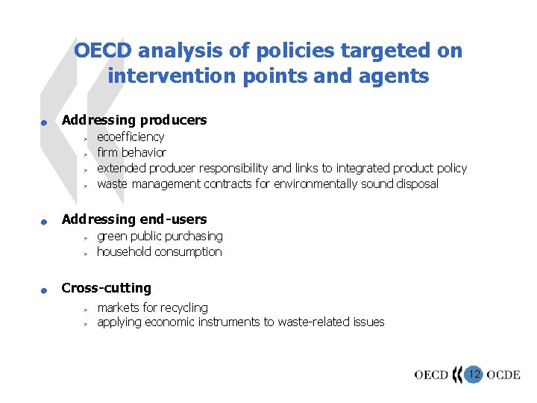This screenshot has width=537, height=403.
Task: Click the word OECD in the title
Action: [x=104, y=51]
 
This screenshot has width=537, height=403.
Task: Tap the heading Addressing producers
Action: [x=134, y=120]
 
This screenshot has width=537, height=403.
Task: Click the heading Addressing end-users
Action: [x=134, y=219]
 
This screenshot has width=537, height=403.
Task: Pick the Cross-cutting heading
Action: [x=106, y=288]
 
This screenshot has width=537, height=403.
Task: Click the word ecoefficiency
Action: [x=131, y=137]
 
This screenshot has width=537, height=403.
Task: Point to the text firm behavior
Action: [x=131, y=152]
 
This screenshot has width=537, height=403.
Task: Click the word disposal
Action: [x=418, y=184]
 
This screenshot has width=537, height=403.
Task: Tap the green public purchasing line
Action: [x=160, y=236]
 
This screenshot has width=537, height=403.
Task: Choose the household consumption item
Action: [x=159, y=252]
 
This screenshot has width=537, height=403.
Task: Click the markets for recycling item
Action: [x=152, y=307]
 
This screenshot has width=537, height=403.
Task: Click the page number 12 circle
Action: [x=474, y=373]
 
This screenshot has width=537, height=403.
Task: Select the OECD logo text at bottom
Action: [x=431, y=375]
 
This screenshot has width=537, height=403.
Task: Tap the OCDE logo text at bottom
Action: [x=503, y=375]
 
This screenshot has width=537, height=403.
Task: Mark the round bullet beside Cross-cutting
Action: [x=45, y=291]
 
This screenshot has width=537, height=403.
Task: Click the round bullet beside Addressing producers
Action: [x=45, y=123]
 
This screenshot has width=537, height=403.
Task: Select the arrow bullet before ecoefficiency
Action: [x=86, y=138]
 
